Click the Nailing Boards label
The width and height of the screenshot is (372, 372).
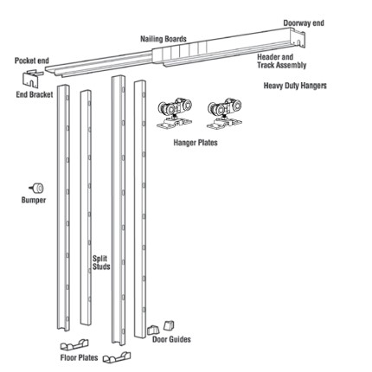(164, 39)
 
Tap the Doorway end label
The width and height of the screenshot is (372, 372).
(304, 23)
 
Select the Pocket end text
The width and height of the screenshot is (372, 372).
(32, 61)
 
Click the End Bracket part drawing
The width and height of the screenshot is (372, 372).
(33, 78)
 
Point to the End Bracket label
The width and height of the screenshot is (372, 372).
(35, 94)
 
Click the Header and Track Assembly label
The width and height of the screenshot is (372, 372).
(281, 61)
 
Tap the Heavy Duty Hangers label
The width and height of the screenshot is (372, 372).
(295, 86)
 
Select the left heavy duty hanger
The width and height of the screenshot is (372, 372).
(175, 112)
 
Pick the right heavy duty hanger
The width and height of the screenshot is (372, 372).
(224, 113)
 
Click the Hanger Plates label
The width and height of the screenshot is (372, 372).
(196, 143)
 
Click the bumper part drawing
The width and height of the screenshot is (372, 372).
(36, 189)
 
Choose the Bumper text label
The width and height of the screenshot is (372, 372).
(34, 200)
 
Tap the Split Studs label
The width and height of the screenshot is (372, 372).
(101, 263)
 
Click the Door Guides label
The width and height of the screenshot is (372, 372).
(171, 339)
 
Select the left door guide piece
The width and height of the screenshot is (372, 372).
(153, 330)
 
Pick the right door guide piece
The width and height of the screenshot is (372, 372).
(169, 325)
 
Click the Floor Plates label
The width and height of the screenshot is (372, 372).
(79, 358)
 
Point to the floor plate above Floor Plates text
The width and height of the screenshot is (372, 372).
(74, 344)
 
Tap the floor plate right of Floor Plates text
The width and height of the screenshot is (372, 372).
(117, 357)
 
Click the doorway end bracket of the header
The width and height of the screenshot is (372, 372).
(298, 39)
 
